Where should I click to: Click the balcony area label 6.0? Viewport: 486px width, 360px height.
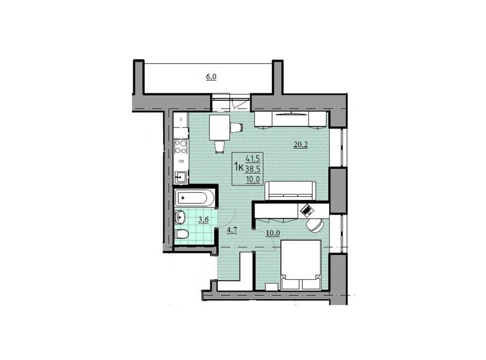click(x=211, y=76)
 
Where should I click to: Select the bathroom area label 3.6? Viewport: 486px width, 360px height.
click(x=203, y=220)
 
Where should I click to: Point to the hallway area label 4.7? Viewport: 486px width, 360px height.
click(x=231, y=230)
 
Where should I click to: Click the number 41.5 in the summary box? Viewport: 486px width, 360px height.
click(x=252, y=158)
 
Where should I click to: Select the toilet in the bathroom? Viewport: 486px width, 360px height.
click(x=181, y=234)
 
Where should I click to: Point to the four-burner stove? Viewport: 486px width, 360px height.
click(x=181, y=147)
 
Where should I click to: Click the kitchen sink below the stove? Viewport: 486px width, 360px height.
click(x=181, y=177)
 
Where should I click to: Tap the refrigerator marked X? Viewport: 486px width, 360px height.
click(x=181, y=119)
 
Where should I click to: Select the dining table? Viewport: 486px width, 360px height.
click(x=220, y=127)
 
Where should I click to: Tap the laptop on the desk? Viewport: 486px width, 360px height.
click(x=307, y=209)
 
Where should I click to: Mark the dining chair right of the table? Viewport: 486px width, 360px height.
click(x=236, y=127)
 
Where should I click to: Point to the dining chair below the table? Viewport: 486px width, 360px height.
click(x=220, y=146)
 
